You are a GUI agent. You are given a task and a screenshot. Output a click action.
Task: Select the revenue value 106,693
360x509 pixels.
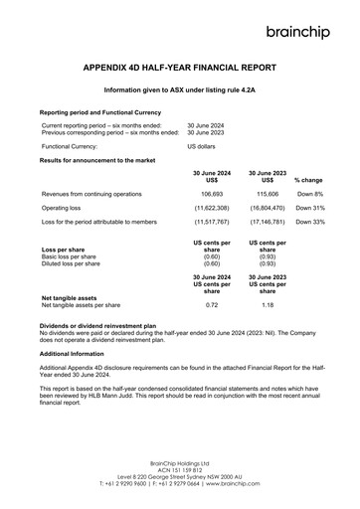[211, 194]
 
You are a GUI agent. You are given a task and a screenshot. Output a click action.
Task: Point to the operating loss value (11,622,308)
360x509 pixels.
[211, 209]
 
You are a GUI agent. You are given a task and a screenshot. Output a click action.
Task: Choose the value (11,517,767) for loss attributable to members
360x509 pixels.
[211, 224]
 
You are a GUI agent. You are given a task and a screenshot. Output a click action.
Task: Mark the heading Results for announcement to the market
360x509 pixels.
[102, 160]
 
